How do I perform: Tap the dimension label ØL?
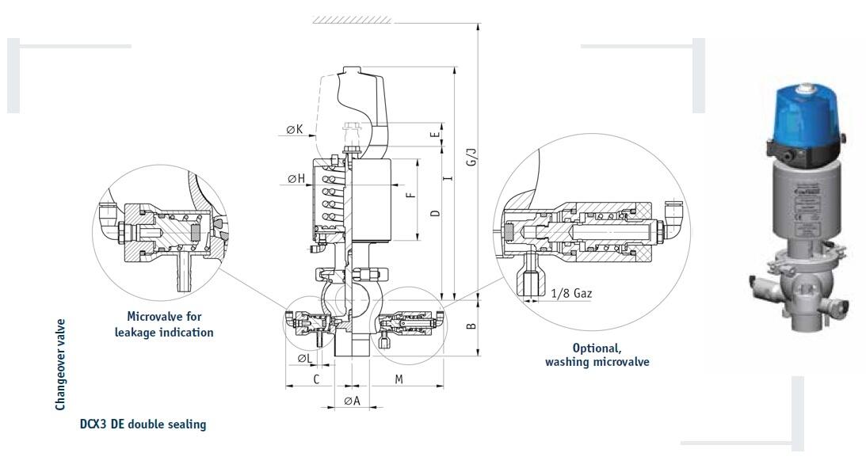(305, 358)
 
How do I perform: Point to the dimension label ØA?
(352, 401)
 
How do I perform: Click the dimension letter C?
(315, 379)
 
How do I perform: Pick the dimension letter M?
(399, 379)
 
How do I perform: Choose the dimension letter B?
(471, 325)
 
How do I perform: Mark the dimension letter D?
(435, 214)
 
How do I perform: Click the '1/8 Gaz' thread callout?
(570, 293)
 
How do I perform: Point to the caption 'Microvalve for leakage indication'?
(164, 324)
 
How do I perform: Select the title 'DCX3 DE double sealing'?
(143, 424)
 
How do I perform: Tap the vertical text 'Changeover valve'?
(60, 365)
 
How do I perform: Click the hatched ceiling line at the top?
(351, 19)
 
